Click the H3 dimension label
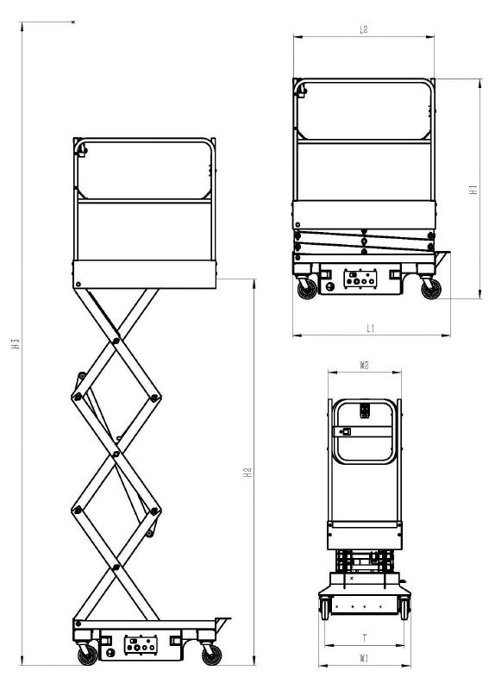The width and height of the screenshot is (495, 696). click(16, 343)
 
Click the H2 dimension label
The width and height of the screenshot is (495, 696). click(248, 472)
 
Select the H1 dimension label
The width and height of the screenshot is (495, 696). click(473, 190)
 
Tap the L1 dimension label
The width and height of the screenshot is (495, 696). click(371, 329)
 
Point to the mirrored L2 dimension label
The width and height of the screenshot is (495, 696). click(363, 29)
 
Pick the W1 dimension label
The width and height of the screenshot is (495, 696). click(364, 658)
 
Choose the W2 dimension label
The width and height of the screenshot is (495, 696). click(364, 366)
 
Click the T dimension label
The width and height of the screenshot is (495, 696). click(365, 638)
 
